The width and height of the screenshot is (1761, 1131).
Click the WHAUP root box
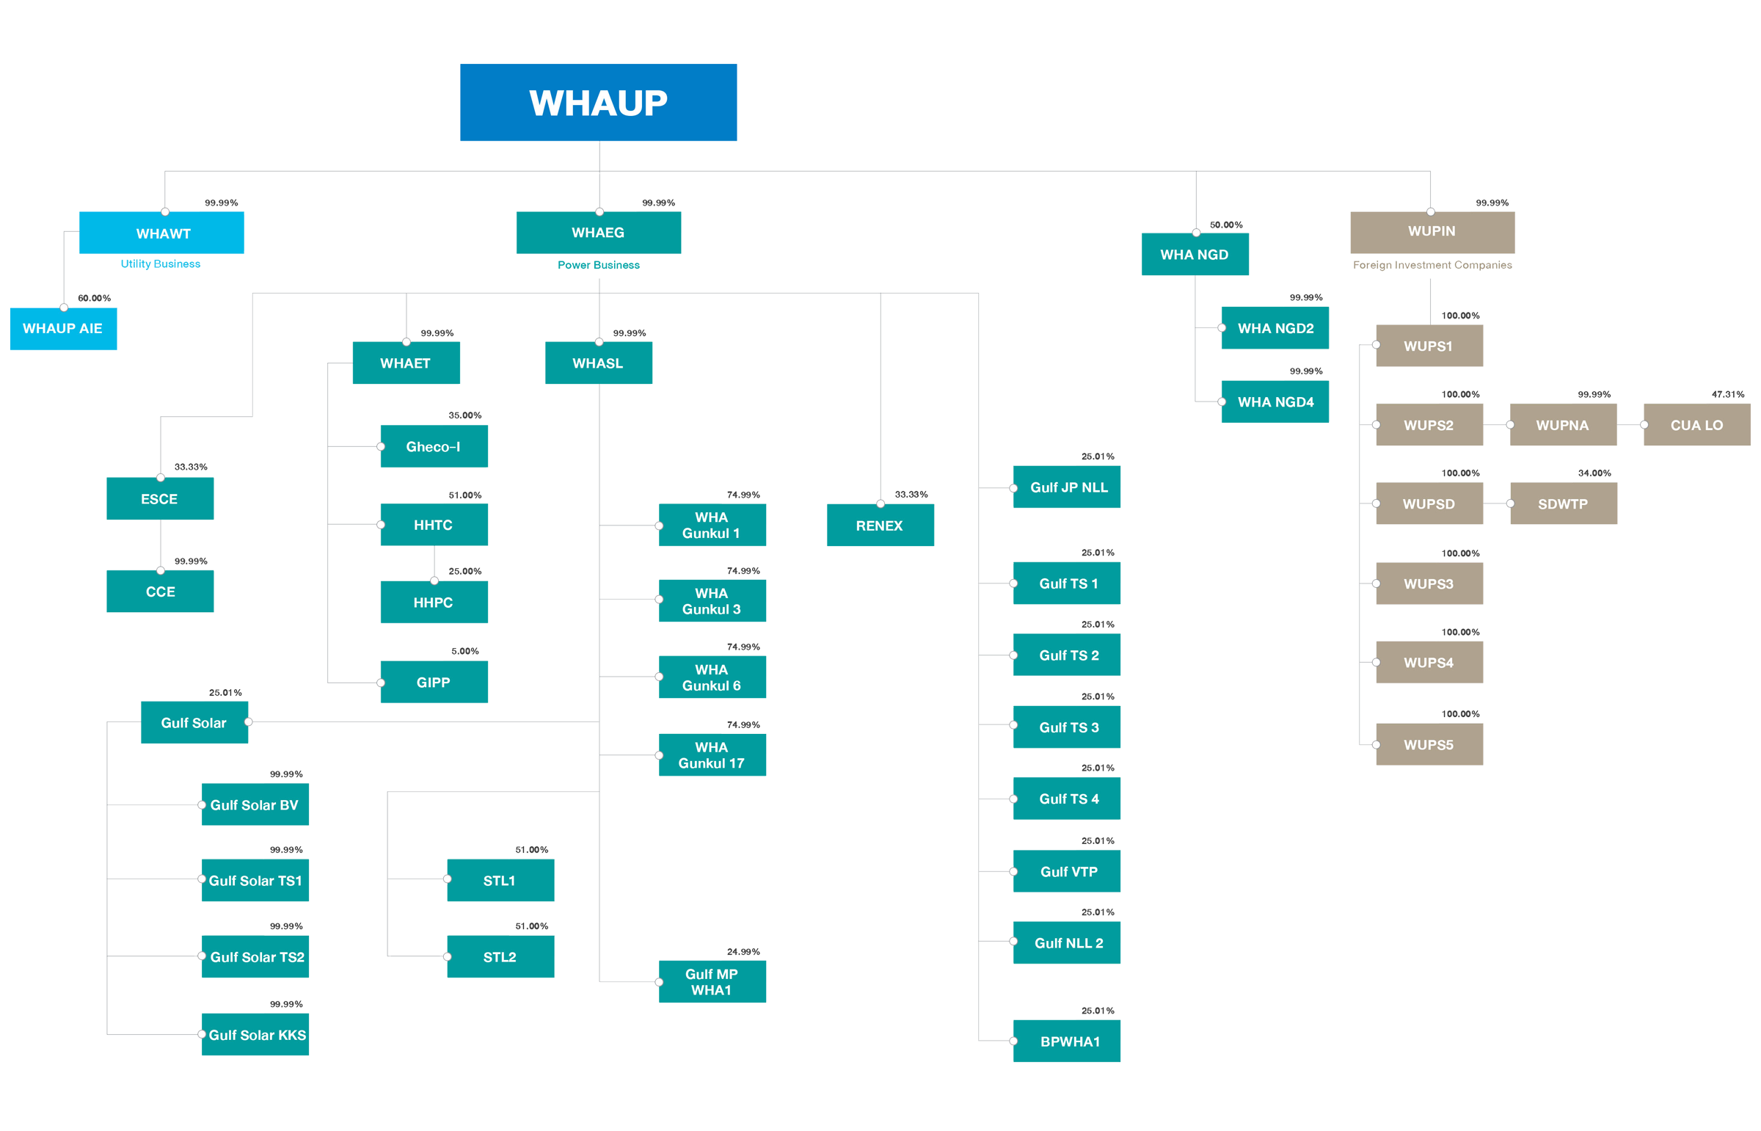pos(598,102)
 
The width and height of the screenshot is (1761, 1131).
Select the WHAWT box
pos(161,233)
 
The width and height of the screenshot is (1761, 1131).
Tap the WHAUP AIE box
pos(63,328)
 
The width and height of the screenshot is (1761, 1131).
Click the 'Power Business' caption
pos(598,265)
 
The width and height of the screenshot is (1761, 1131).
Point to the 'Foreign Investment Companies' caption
pos(1432,265)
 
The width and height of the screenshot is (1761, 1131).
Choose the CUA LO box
pos(1696,425)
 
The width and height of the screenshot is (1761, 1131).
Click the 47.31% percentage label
pos(1728,394)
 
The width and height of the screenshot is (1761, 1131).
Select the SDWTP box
pos(1564,503)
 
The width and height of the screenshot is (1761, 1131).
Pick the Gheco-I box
pos(434,446)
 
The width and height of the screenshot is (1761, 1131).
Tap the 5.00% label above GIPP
pos(464,652)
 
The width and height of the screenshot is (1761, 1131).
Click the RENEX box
pos(880,526)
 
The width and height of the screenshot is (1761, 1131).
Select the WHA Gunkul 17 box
pos(712,755)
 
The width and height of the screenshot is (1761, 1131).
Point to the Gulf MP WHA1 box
pos(712,982)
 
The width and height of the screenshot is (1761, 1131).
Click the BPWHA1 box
pos(1067,1041)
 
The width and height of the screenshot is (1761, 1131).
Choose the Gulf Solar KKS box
pos(255,1035)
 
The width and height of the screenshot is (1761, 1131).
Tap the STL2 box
pos(500,957)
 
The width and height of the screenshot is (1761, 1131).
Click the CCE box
pos(160,592)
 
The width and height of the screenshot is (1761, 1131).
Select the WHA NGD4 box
pos(1275,401)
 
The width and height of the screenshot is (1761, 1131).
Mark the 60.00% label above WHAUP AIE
pos(95,298)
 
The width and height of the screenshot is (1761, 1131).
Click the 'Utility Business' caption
pos(161,263)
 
